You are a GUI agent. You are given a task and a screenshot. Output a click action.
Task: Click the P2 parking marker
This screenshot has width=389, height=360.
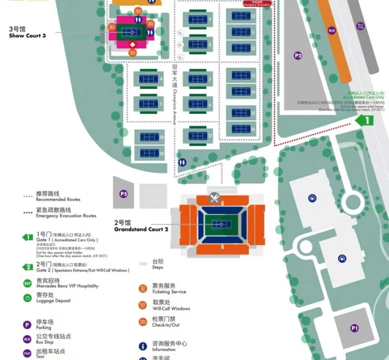point(298,56)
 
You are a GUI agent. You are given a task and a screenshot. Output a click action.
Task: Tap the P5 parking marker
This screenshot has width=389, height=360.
point(124,194)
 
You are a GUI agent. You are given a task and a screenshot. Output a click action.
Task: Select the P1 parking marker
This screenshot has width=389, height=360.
point(354,328)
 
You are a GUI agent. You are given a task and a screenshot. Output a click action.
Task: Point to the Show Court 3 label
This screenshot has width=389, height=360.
point(27,32)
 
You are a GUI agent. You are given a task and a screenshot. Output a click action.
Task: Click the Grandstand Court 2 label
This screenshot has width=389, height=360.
point(141,226)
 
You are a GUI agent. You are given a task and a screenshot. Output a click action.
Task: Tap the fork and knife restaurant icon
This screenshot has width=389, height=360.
point(214,198)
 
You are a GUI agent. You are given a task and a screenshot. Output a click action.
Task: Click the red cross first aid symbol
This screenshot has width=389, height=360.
point(133,45)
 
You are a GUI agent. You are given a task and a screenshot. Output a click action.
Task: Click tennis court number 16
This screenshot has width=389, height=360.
point(241,129)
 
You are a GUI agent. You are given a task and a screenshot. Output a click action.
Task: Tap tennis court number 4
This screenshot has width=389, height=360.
point(148,79)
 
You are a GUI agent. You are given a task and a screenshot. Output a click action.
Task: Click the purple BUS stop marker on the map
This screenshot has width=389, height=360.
point(332,31)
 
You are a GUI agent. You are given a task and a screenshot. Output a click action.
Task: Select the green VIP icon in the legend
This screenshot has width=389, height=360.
point(27,283)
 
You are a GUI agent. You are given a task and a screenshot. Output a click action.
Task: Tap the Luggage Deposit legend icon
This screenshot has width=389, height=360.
point(27,298)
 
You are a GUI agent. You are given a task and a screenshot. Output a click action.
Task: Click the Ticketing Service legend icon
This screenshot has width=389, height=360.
point(143,289)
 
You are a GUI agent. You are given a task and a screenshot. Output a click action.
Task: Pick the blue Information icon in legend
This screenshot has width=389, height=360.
point(143,346)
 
